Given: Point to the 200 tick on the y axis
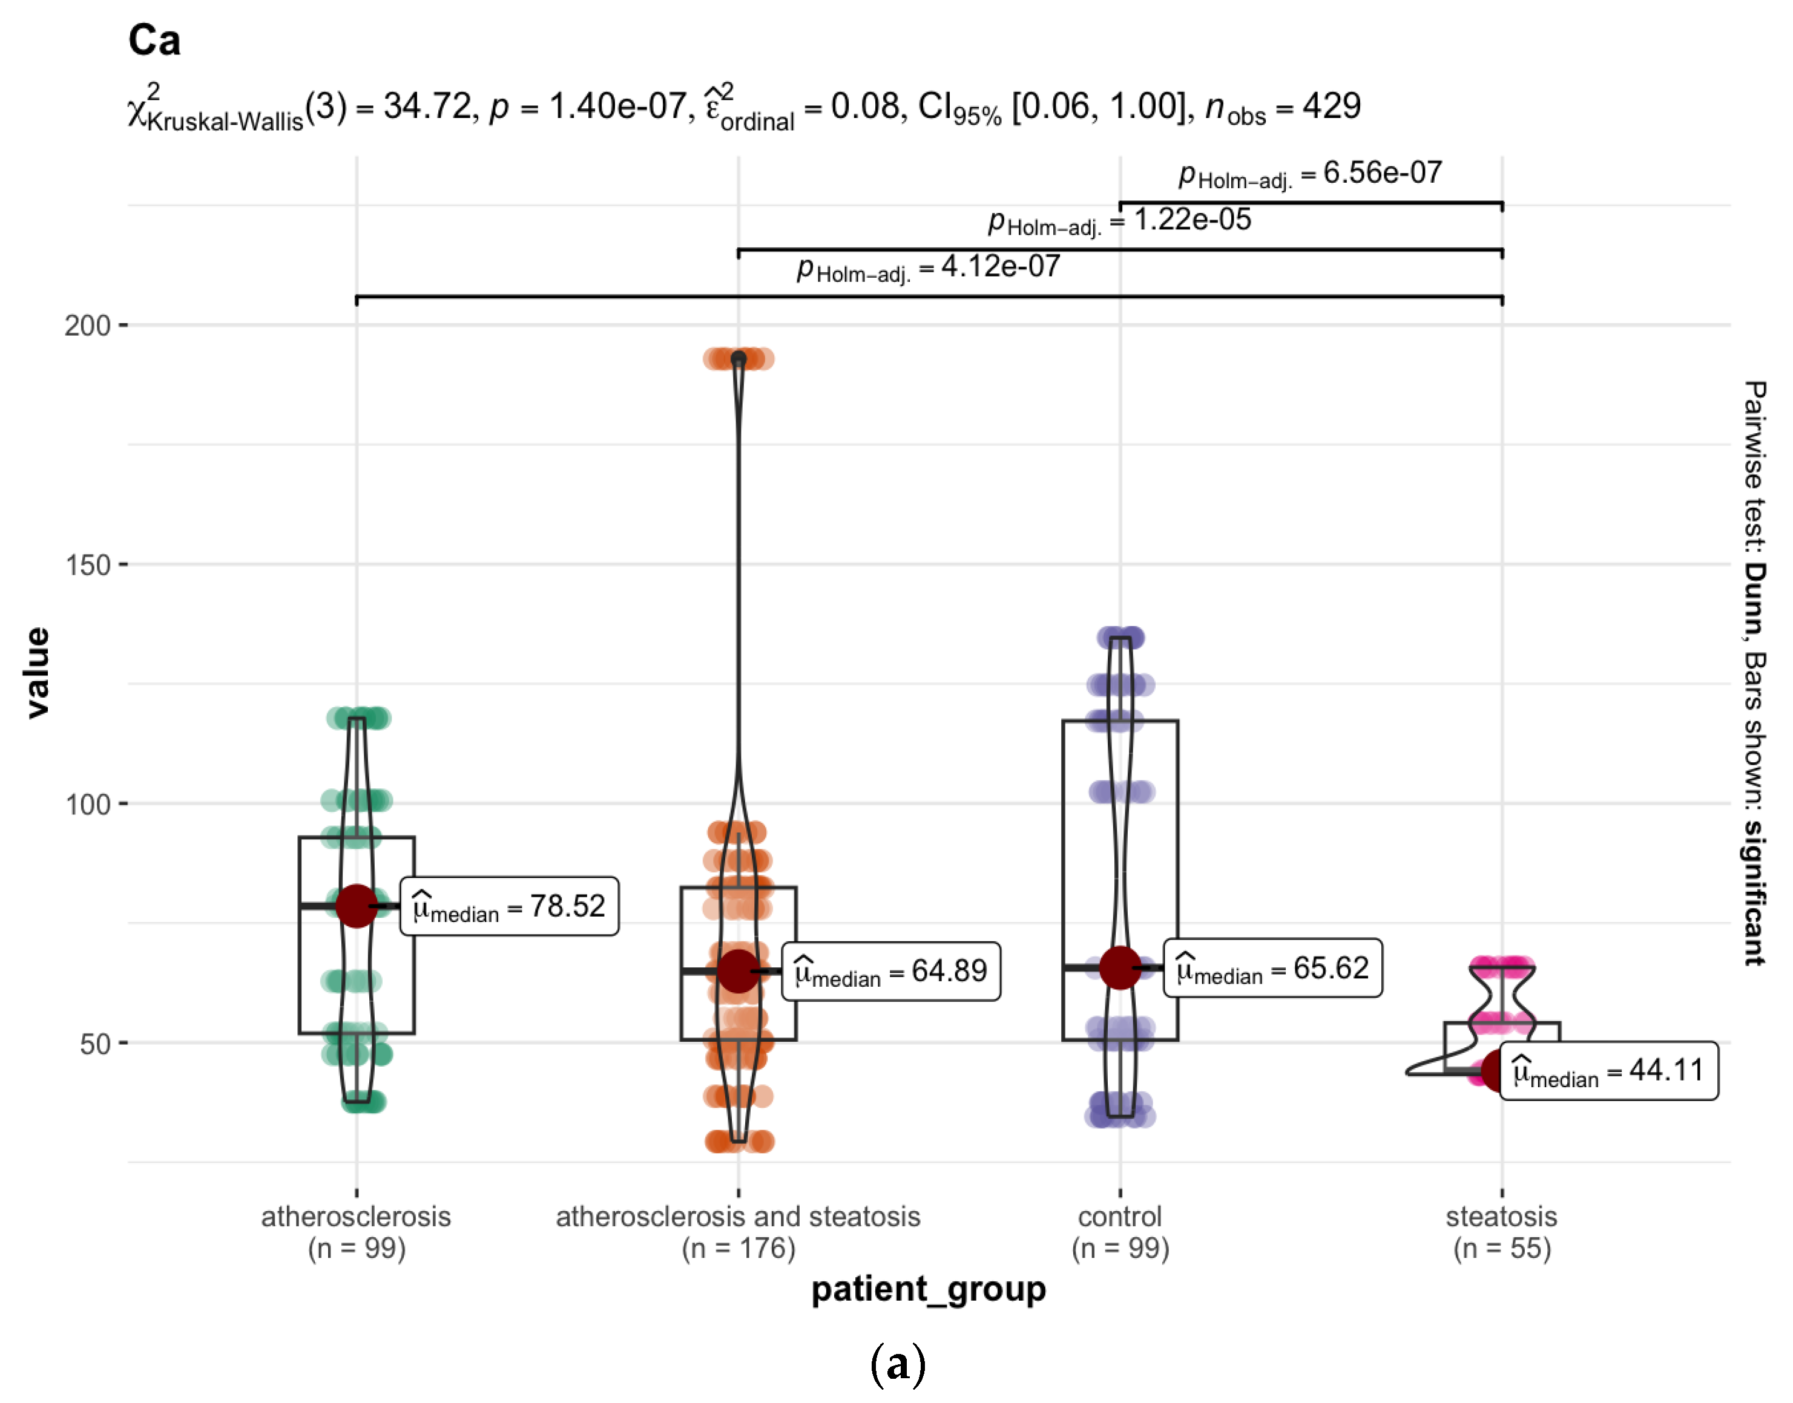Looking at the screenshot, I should coord(87,326).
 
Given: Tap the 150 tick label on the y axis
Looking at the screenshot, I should coord(87,565).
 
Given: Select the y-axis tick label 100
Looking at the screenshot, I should coord(87,804).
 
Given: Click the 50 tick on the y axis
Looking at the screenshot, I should coord(94,1044).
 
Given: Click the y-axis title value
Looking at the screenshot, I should coord(37,673).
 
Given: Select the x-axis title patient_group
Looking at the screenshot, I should coord(929,1289).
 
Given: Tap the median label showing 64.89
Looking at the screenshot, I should coord(890,971).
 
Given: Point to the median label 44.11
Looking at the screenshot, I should coord(1608,1070).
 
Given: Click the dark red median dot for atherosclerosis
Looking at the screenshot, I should coord(357,906).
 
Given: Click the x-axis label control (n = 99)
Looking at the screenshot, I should coord(1120,1232).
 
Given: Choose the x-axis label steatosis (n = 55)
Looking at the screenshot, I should coord(1501,1232).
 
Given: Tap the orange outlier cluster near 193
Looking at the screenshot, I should coord(738,359).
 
